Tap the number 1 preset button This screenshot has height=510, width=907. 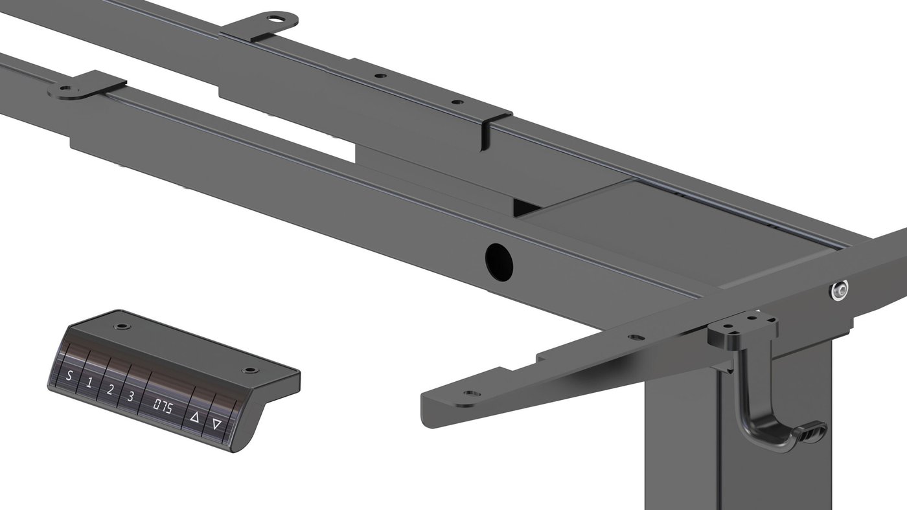(x=89, y=382)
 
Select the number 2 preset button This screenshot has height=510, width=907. (x=109, y=390)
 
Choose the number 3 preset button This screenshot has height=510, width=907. (x=130, y=396)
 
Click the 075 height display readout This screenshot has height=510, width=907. (x=163, y=407)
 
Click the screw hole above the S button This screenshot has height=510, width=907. (x=122, y=326)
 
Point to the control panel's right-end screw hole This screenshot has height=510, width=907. (x=249, y=370)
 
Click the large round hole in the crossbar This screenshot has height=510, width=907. (x=499, y=261)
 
